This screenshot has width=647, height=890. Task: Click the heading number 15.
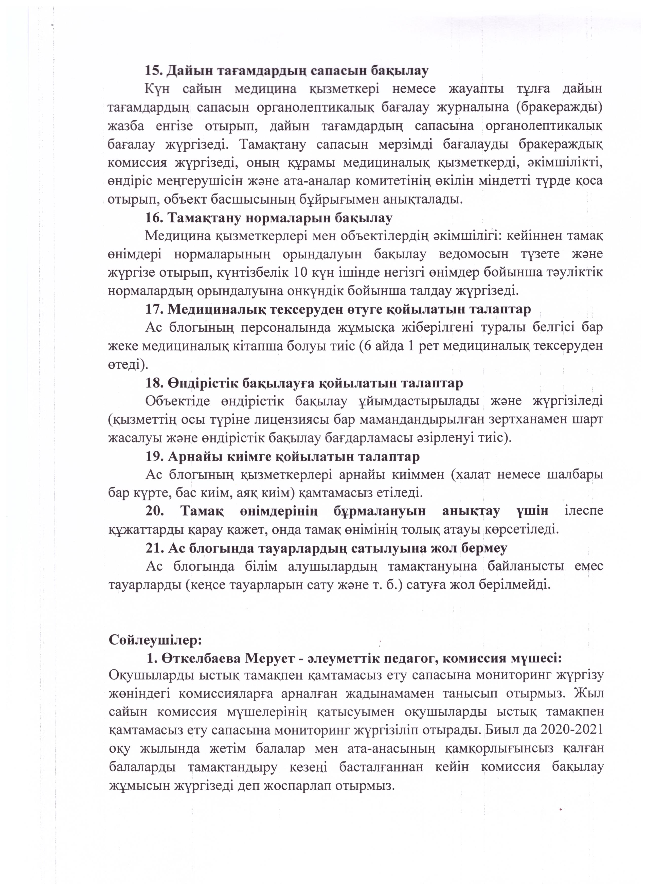point(154,71)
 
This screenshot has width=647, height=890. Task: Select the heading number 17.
point(154,310)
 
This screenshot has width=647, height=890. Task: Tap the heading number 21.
point(154,548)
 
